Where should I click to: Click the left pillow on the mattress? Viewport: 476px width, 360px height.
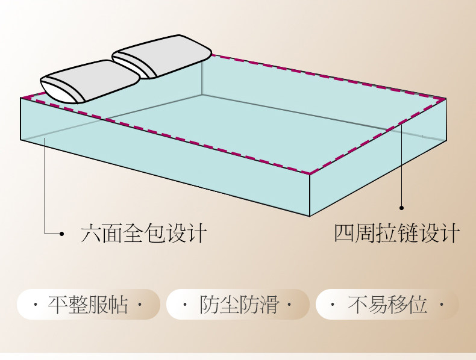tap(90, 81)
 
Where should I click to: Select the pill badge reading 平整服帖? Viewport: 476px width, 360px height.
tap(88, 305)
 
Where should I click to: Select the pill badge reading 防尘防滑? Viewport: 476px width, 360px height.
tap(238, 305)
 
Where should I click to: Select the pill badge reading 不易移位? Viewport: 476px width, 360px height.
tap(387, 305)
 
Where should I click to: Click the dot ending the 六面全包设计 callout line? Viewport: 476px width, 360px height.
tap(62, 234)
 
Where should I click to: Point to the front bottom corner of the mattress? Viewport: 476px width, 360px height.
tap(310, 216)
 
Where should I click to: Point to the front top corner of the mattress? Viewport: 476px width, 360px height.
tap(310, 175)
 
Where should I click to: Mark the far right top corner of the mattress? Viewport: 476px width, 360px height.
tap(446, 98)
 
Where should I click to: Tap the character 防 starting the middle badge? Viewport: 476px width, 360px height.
tap(208, 305)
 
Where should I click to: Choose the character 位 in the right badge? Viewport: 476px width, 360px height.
tap(418, 305)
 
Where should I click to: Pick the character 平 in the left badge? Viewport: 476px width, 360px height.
tap(58, 305)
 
